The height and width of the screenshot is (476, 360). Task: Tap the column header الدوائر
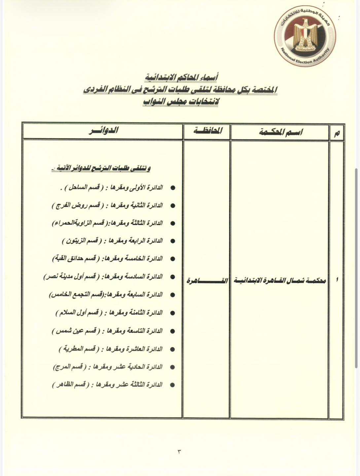[x=103, y=131]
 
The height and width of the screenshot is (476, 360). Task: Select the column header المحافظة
[x=207, y=131]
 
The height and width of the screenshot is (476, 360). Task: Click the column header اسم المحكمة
[x=280, y=132]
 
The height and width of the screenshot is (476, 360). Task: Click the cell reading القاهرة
[x=207, y=281]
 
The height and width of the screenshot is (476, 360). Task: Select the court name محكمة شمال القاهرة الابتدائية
[x=280, y=281]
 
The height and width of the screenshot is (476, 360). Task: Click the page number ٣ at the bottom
[x=180, y=451]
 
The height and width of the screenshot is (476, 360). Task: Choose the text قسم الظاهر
[x=71, y=385]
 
